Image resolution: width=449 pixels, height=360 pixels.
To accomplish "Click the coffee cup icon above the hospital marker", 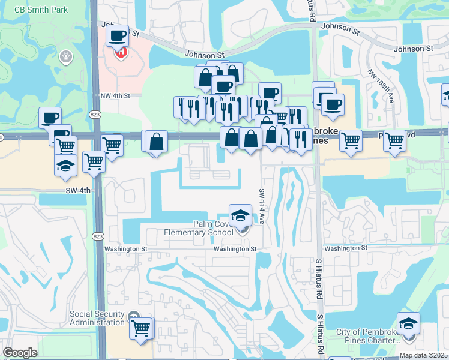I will coord(118,35).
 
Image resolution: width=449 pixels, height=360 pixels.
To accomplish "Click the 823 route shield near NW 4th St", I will coord(97,114).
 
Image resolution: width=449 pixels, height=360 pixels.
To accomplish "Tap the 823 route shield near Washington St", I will coord(97,236).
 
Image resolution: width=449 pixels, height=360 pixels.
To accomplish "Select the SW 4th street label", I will coord(78,190).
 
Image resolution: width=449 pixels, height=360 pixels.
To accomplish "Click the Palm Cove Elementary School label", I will coord(199,229).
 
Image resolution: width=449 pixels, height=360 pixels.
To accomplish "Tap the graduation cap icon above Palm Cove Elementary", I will coord(240,214).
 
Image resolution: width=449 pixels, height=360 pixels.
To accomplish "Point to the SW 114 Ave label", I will coord(262,206).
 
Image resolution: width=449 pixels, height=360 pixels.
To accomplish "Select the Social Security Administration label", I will coord(97,318).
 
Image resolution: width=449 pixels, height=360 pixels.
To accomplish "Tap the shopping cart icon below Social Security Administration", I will coord(141,328).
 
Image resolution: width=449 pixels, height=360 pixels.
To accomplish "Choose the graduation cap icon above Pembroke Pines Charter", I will coord(408,323).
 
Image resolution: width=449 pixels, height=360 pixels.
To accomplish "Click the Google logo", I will coord(20,353).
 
